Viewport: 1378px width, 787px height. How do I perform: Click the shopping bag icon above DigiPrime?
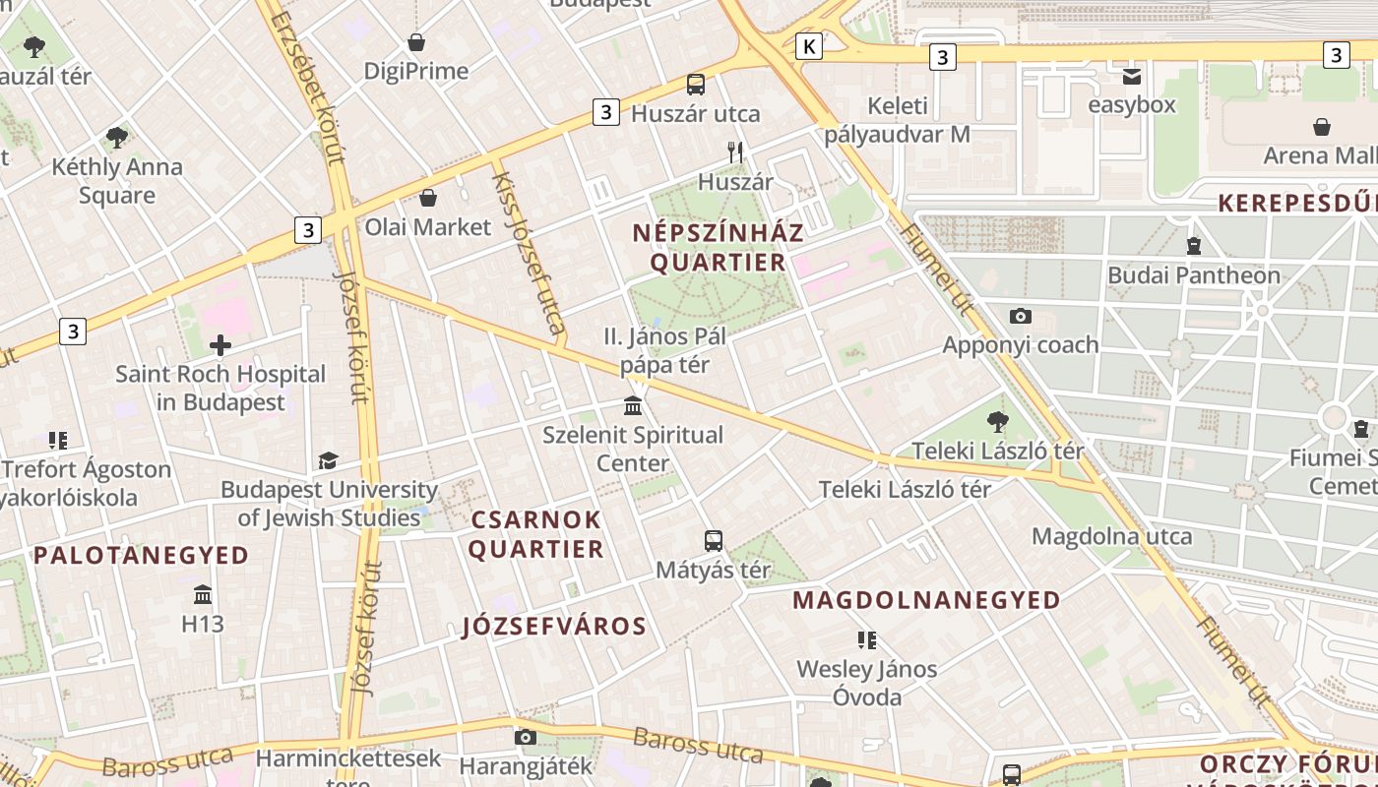[416, 42]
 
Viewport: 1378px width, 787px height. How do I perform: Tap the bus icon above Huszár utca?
[696, 85]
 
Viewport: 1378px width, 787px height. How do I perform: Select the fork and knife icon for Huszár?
[735, 151]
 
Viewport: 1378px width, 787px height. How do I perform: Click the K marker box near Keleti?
[809, 45]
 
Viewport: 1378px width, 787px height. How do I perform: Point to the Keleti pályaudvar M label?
[897, 120]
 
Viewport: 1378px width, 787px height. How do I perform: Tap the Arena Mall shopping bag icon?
[1322, 127]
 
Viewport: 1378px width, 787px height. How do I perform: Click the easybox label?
[1131, 104]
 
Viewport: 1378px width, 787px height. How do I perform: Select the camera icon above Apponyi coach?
[1021, 316]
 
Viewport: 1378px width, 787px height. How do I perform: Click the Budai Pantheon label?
[1194, 275]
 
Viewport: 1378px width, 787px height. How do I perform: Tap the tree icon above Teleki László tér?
[997, 422]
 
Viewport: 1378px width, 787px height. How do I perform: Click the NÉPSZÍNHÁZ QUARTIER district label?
[719, 248]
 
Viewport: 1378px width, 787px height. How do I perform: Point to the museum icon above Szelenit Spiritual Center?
[633, 405]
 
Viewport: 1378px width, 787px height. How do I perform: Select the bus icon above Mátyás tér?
[714, 540]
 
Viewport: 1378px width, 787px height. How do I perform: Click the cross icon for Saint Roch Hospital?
[220, 344]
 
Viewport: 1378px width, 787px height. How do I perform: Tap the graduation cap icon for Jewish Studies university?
[328, 460]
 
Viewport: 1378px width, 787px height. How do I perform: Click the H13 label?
[203, 624]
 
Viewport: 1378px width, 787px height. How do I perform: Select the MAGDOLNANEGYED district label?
[926, 600]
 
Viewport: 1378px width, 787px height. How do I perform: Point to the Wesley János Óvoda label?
[867, 683]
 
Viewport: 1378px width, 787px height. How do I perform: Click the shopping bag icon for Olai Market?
[428, 198]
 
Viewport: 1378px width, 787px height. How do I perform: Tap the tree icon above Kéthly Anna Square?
[117, 137]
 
